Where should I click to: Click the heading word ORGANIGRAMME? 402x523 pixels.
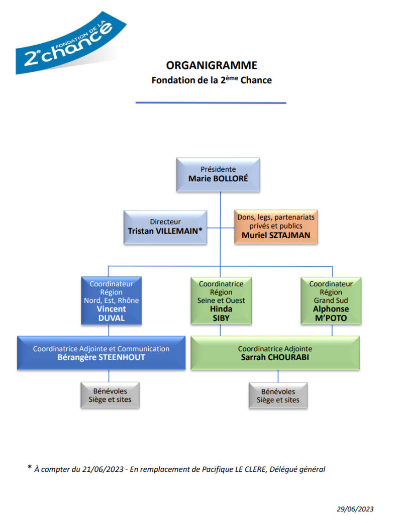(212, 65)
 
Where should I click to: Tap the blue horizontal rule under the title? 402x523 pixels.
(211, 103)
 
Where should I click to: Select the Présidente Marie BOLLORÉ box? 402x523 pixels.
(218, 174)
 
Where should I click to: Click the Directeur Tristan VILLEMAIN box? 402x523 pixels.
(165, 227)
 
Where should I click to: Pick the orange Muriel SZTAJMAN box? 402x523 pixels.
(276, 227)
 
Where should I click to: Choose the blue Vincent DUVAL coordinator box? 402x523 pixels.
(112, 300)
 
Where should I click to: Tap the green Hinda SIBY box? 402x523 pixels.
(221, 300)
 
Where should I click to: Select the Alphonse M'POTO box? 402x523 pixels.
(331, 300)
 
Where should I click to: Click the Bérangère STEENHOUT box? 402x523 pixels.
(102, 353)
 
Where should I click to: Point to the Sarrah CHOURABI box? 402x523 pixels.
(275, 353)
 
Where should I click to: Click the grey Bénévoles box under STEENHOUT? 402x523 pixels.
(110, 395)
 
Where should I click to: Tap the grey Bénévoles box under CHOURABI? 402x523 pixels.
(278, 395)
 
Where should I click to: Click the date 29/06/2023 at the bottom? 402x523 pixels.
(355, 509)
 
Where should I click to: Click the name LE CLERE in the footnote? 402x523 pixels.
(250, 470)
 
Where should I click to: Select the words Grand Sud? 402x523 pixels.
(331, 300)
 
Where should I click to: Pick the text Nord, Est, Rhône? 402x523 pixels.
(112, 300)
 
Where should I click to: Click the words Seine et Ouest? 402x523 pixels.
(221, 300)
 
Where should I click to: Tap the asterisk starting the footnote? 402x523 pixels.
(30, 468)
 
